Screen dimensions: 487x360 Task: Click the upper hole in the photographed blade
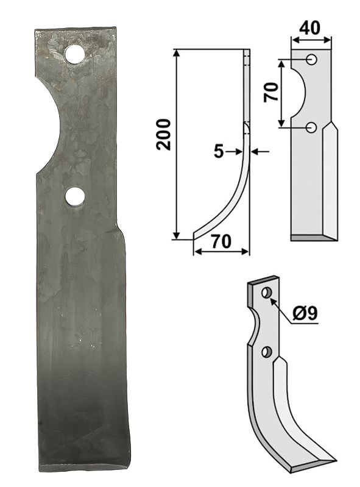pos(75,54)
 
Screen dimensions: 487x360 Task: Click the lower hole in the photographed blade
pos(75,196)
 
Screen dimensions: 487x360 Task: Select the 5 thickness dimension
pos(218,152)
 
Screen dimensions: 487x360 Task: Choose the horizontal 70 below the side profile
pos(221,241)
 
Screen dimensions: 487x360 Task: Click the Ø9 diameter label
pos(305,315)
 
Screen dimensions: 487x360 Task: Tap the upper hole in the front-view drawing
pos(311,60)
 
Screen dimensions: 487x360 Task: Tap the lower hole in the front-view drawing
pos(311,127)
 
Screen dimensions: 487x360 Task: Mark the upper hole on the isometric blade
pos(266,294)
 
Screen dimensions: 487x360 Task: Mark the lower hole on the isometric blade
pos(266,352)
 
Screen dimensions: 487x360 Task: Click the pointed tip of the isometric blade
pos(336,460)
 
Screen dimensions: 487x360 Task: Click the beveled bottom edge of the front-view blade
pos(312,237)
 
